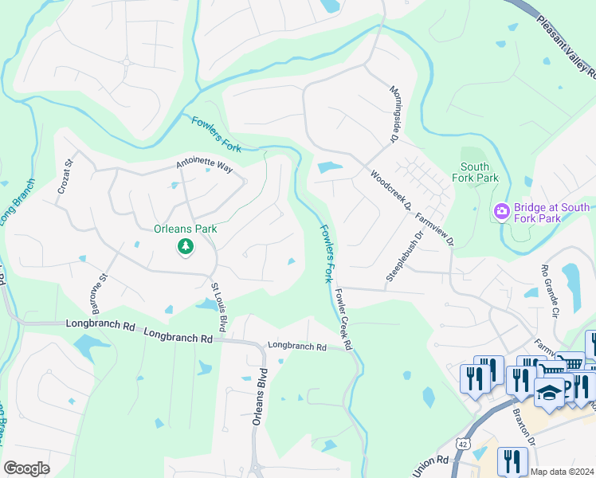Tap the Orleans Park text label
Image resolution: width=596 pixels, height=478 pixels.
186,229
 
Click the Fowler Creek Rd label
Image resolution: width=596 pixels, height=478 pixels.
343,319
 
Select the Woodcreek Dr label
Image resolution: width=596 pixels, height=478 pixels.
390,190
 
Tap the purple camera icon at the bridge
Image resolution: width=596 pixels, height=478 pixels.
502,212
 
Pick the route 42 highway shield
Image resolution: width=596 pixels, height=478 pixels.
462,443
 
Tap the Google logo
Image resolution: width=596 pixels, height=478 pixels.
26,468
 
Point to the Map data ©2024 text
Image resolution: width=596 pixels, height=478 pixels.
562,472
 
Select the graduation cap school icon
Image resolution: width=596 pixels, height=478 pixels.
549,394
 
